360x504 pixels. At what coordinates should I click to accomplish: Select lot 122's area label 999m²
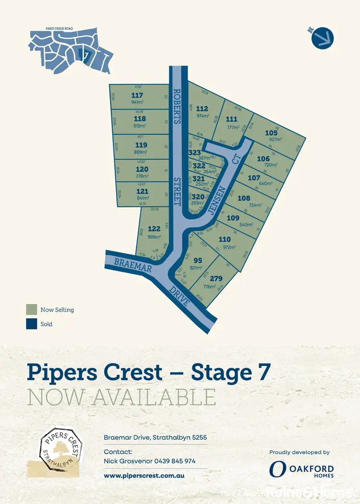154,236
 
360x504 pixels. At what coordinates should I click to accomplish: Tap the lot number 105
271,133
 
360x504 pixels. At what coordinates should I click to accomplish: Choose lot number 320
199,196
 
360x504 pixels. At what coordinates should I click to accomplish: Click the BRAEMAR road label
132,265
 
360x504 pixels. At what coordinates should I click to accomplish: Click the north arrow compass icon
323,37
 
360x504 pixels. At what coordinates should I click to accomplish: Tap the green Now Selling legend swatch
32,310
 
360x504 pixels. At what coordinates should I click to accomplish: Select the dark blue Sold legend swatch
32,324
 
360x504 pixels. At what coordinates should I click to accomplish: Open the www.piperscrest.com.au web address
144,476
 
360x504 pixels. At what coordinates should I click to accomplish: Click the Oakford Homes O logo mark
277,469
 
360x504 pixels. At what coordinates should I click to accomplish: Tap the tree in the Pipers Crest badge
61,448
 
